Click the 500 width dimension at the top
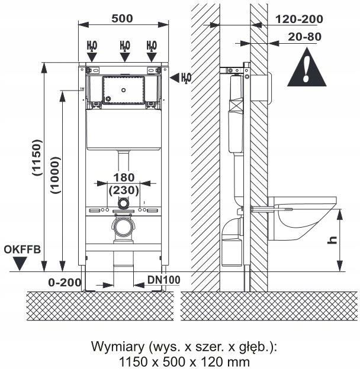tap(122, 18)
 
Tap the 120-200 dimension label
tap(299, 19)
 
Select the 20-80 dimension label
tap(305, 37)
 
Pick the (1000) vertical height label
tap(54, 175)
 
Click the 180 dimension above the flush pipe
tap(124, 177)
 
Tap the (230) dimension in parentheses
tap(124, 190)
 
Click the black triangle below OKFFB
tap(20, 264)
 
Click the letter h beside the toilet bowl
tap(333, 240)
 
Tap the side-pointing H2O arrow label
tap(185, 77)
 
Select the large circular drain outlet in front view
tap(123, 226)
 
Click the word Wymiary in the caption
tap(112, 346)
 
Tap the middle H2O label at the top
tap(124, 46)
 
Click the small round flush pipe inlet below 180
tap(123, 203)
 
